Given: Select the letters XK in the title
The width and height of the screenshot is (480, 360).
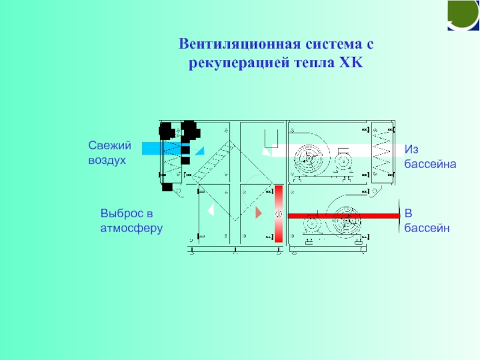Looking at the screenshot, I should [x=347, y=62].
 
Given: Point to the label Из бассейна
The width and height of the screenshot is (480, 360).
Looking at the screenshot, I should [x=430, y=155].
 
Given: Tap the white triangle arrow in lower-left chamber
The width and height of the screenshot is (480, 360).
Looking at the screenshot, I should [x=211, y=211].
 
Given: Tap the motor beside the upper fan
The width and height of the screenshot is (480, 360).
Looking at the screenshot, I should [x=343, y=159].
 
